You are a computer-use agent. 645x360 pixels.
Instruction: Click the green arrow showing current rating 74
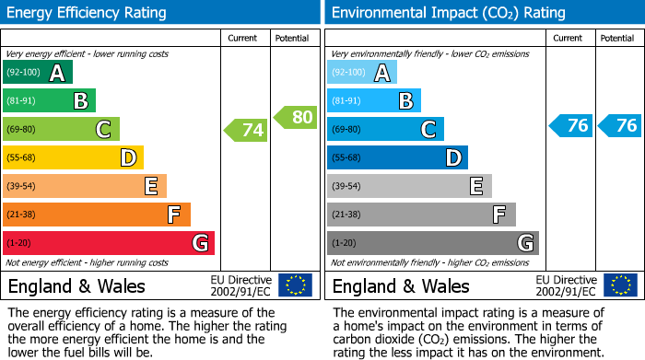tap(246, 130)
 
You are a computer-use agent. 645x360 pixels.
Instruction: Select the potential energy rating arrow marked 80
tap(296, 117)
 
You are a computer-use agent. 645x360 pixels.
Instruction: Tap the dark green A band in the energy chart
tap(37, 73)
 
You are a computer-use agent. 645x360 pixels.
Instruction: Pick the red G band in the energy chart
tap(109, 243)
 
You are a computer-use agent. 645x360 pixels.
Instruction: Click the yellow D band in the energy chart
tap(74, 157)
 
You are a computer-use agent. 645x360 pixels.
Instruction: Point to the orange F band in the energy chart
tap(97, 215)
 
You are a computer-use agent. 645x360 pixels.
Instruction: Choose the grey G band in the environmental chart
tap(433, 243)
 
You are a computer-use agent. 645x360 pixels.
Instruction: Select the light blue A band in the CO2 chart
tap(362, 73)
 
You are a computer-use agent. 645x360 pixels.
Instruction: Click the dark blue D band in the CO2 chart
tap(397, 157)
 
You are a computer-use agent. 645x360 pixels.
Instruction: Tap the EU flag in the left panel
tap(295, 285)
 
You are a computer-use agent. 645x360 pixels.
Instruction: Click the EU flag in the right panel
tap(619, 285)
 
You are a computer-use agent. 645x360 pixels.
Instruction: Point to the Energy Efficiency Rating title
tap(88, 13)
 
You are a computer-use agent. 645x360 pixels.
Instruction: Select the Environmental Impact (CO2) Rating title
tap(447, 13)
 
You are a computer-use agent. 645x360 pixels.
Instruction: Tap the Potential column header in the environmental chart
tap(617, 38)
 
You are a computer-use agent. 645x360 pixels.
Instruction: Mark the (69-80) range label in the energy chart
tap(23, 130)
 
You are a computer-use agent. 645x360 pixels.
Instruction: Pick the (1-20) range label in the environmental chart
tap(344, 243)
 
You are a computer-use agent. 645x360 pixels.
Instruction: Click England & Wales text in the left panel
tap(76, 285)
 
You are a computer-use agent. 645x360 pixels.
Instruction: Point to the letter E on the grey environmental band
tap(476, 187)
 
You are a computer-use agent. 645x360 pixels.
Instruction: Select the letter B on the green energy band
tap(81, 101)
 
